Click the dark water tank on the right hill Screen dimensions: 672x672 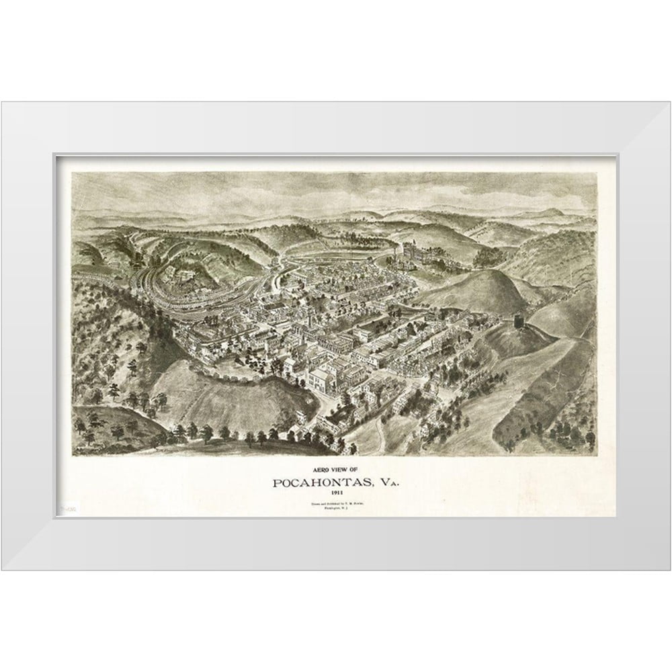519,322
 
